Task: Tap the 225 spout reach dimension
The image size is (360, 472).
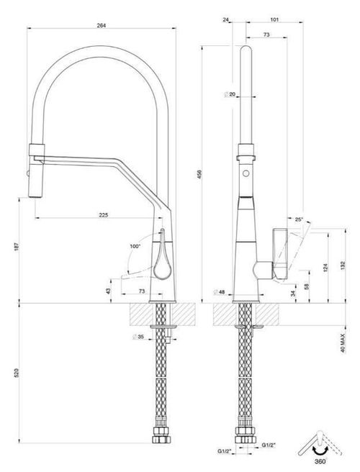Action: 103,214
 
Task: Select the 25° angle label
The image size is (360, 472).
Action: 299,219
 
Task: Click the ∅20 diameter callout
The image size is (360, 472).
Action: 230,94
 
